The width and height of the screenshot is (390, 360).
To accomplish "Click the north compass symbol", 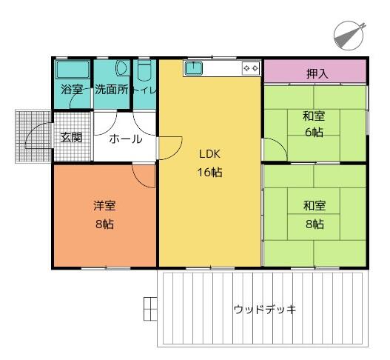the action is coord(349,36).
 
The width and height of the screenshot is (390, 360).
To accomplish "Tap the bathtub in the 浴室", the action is coord(73,69).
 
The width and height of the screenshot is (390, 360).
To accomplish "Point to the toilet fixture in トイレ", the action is coord(144,70).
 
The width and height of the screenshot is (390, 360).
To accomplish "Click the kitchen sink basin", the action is coord(194,68).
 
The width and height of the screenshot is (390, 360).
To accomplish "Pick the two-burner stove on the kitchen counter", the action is coord(251,68).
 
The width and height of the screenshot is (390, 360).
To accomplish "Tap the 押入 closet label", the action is coord(317,73).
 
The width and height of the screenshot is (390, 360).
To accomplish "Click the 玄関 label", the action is coord(71,138).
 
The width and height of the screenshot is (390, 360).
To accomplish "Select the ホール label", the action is coord(126,139).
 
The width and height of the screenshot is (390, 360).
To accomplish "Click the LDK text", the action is coord(209,154).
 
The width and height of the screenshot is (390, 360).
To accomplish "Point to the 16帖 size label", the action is coord(209,172).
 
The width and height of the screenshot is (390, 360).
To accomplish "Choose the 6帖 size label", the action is coord(314,132).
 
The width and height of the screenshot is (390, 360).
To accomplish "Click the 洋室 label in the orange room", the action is coord(104,206).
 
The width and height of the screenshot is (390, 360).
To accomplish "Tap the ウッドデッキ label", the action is coord(265,310).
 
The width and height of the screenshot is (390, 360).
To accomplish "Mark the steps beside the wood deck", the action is coord(150,309).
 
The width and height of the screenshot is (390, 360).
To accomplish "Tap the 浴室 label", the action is coord(72,90).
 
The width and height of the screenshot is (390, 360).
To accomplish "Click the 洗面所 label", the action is coord(112,90).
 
